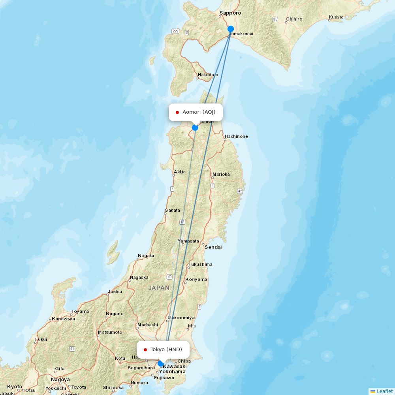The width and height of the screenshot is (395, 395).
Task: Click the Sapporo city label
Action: [230, 13]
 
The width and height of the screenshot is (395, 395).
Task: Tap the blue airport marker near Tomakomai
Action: [231, 29]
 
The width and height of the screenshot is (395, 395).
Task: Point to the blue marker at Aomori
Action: [195, 128]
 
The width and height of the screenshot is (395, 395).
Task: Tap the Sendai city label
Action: [213, 247]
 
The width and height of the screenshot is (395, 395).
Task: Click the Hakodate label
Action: [208, 75]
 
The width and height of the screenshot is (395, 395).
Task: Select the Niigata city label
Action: [146, 256]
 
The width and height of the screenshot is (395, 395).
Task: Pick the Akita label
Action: [180, 172]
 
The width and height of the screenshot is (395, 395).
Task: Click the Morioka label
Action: [221, 174]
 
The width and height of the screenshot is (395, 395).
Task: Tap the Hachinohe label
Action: [236, 136]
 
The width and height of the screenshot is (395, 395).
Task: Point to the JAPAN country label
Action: [159, 288]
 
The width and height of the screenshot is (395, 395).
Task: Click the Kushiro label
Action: [336, 17]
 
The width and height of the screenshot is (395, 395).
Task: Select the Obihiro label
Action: [294, 19]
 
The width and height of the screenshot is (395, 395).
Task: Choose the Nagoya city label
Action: [60, 380]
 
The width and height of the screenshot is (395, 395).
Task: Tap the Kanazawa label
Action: [63, 319]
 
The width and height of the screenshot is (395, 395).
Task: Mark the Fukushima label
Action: [200, 264]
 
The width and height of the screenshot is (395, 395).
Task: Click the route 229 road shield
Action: [176, 31]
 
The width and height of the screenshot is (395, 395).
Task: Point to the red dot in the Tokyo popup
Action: [145, 350]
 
